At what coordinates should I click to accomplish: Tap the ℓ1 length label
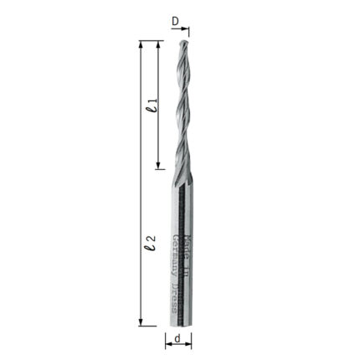pyautogui.click(x=150, y=104)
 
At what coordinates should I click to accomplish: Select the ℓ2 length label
pyautogui.click(x=148, y=244)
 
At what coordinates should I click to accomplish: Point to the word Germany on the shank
pyautogui.click(x=174, y=251)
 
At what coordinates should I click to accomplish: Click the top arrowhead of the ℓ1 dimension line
pyautogui.click(x=160, y=44)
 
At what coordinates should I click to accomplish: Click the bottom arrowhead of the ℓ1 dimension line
pyautogui.click(x=160, y=165)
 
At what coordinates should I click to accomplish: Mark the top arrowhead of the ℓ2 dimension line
pyautogui.click(x=141, y=44)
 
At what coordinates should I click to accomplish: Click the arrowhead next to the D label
pyautogui.click(x=187, y=32)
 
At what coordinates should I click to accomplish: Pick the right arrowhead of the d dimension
pyautogui.click(x=188, y=341)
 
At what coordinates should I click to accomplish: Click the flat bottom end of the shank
pyautogui.click(x=179, y=325)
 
